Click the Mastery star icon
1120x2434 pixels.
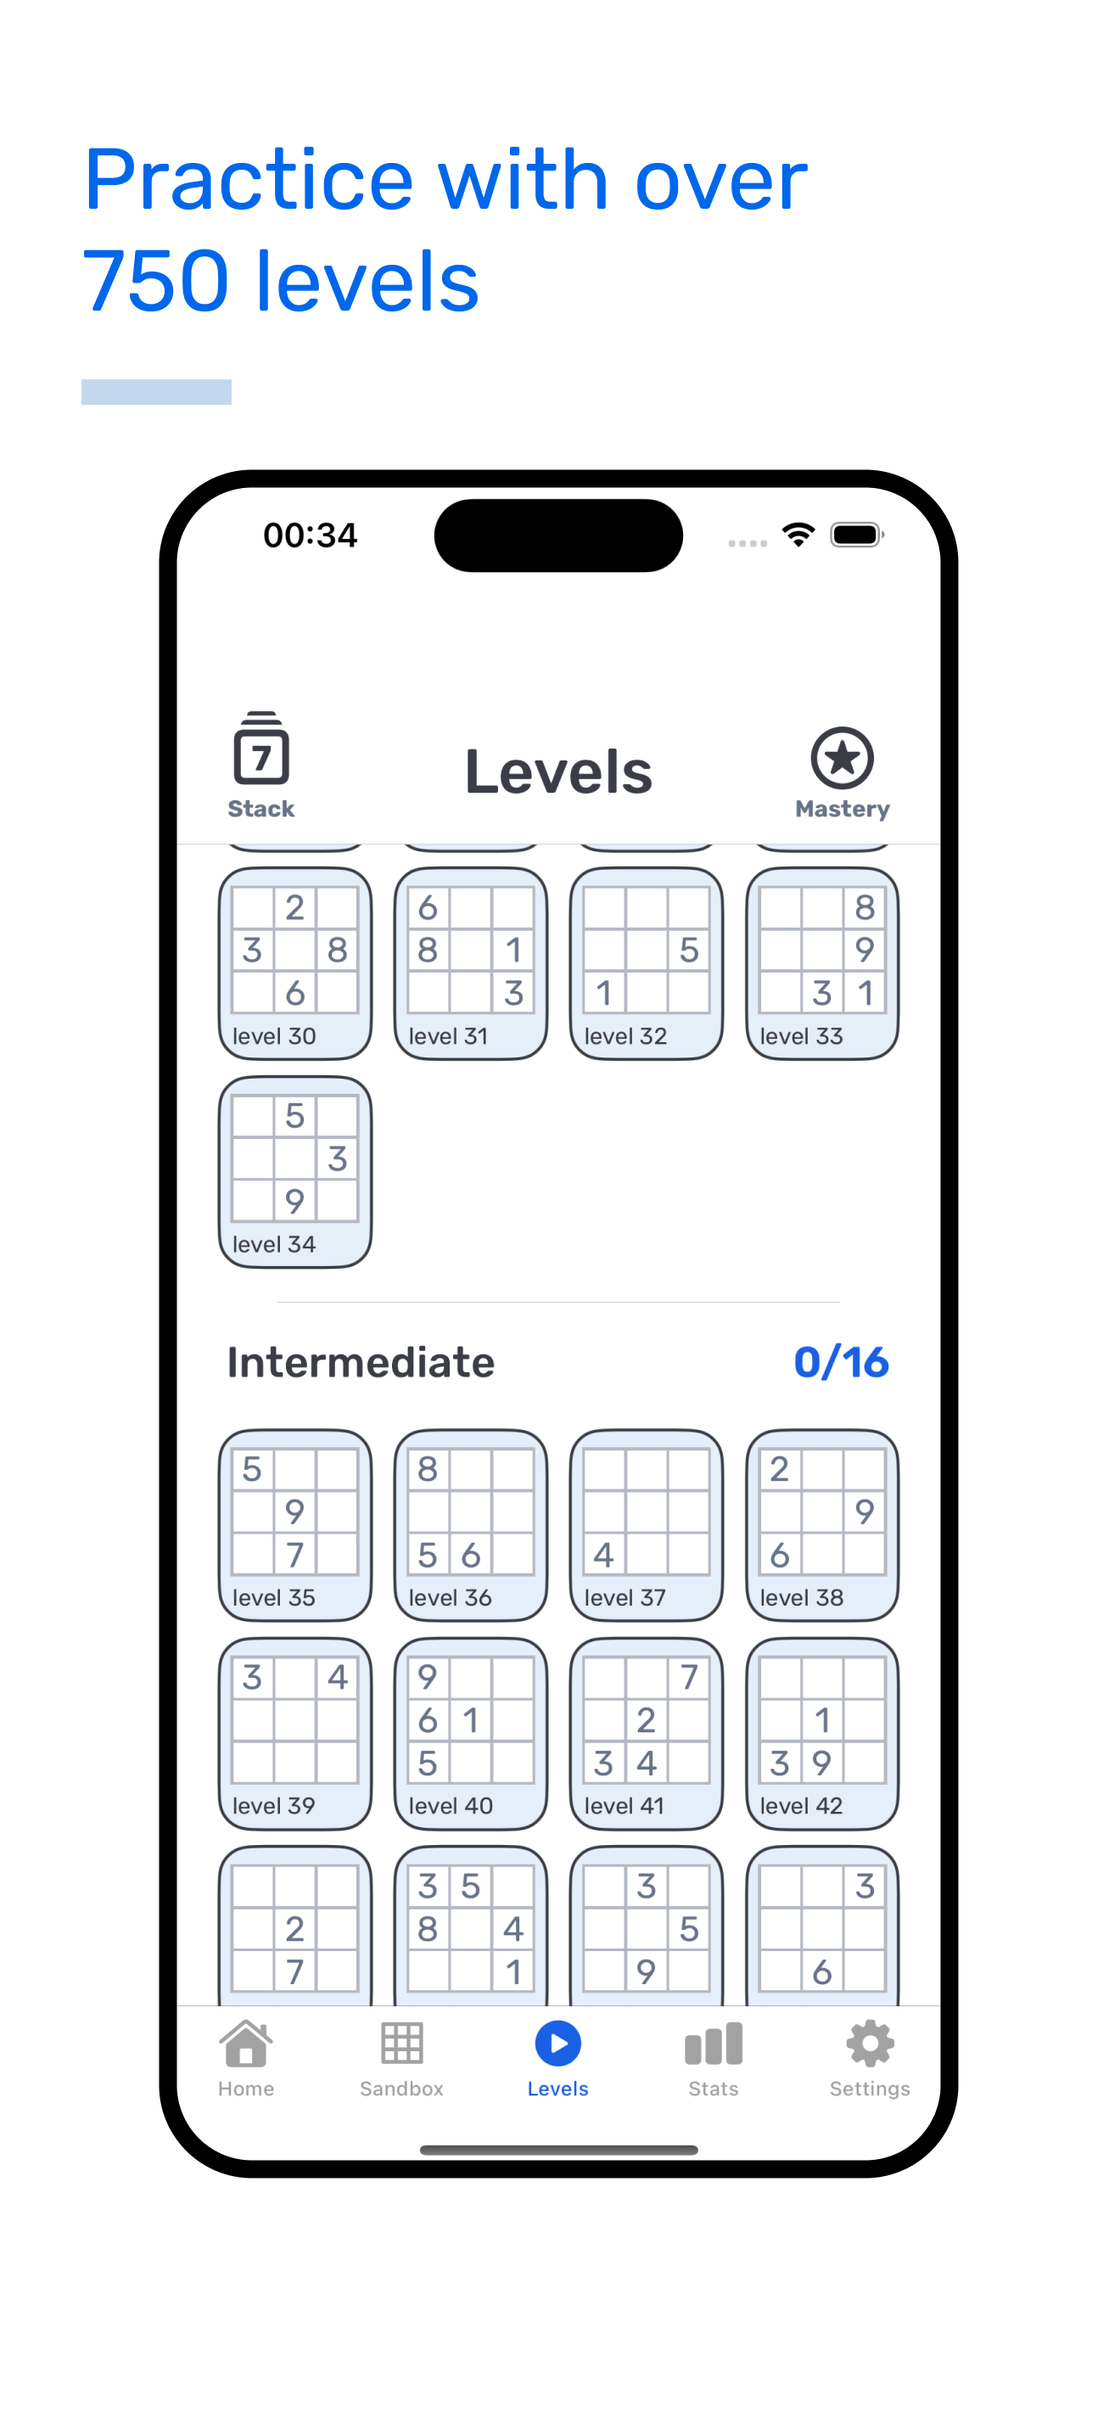coord(842,758)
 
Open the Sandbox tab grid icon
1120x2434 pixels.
coord(401,2044)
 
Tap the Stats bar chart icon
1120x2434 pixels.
coord(713,2044)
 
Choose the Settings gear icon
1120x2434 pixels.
coord(870,2044)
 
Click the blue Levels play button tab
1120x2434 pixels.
coord(558,2044)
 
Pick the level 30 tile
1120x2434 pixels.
coord(294,963)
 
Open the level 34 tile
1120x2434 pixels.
coord(294,1172)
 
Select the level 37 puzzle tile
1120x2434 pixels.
coord(647,1525)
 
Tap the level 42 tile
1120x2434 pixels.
coord(822,1733)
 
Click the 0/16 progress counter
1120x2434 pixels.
coord(841,1362)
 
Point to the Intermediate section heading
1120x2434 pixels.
coord(361,1362)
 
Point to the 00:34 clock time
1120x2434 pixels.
coord(310,536)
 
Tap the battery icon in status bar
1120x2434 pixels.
coord(856,535)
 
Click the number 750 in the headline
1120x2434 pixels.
coord(156,281)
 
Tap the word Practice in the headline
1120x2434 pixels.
coord(249,181)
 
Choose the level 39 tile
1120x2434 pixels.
coord(294,1733)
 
